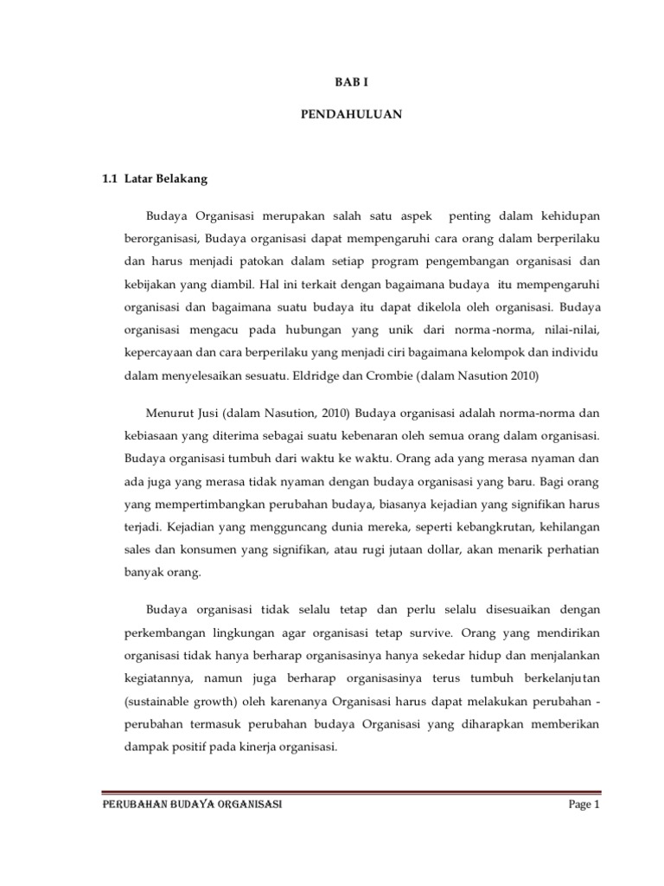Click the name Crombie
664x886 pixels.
click(418, 376)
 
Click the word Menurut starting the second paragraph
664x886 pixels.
click(168, 410)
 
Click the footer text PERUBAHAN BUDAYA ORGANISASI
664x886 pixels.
click(191, 805)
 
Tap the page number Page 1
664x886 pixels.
click(584, 805)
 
